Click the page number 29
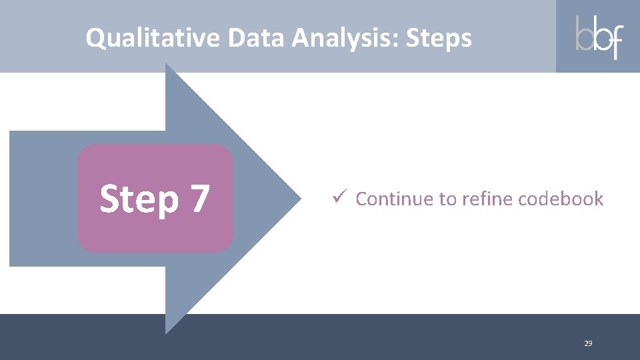click(587, 343)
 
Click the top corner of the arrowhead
click(167, 65)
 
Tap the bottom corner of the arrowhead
click(167, 332)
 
